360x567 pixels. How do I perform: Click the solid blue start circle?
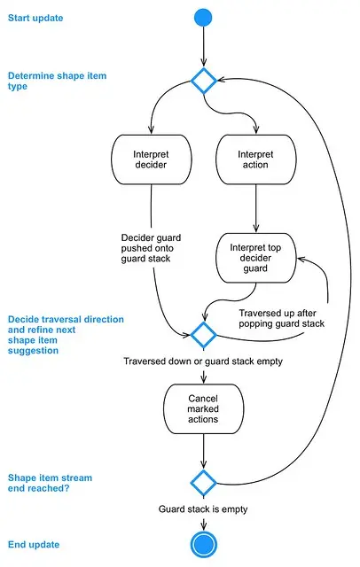(x=203, y=18)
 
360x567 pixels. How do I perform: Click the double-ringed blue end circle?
(x=203, y=545)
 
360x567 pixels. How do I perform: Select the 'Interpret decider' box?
(x=152, y=159)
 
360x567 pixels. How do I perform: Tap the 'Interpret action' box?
(x=255, y=159)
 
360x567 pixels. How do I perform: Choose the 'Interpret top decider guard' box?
(x=255, y=258)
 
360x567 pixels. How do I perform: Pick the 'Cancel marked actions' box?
(x=203, y=408)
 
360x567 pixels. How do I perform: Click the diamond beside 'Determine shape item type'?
(x=204, y=81)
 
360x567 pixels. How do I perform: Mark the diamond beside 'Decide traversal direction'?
(x=204, y=335)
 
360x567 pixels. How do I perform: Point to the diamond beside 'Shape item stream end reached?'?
(x=204, y=483)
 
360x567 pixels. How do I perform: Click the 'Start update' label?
(x=35, y=18)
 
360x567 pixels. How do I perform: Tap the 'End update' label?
(x=34, y=545)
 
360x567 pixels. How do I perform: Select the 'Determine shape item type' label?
(x=57, y=81)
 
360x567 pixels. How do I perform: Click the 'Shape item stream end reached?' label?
(x=50, y=483)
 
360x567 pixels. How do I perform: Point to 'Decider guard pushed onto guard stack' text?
(x=151, y=248)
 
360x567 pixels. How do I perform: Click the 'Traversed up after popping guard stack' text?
(x=281, y=318)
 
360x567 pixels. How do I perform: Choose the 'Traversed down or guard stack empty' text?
(x=203, y=361)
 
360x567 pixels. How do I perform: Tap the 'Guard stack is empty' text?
(x=203, y=509)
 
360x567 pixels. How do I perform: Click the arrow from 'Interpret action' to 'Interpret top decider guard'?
(x=256, y=208)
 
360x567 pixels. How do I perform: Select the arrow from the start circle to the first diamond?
(x=203, y=47)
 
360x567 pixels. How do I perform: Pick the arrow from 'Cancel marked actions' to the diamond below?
(x=204, y=451)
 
